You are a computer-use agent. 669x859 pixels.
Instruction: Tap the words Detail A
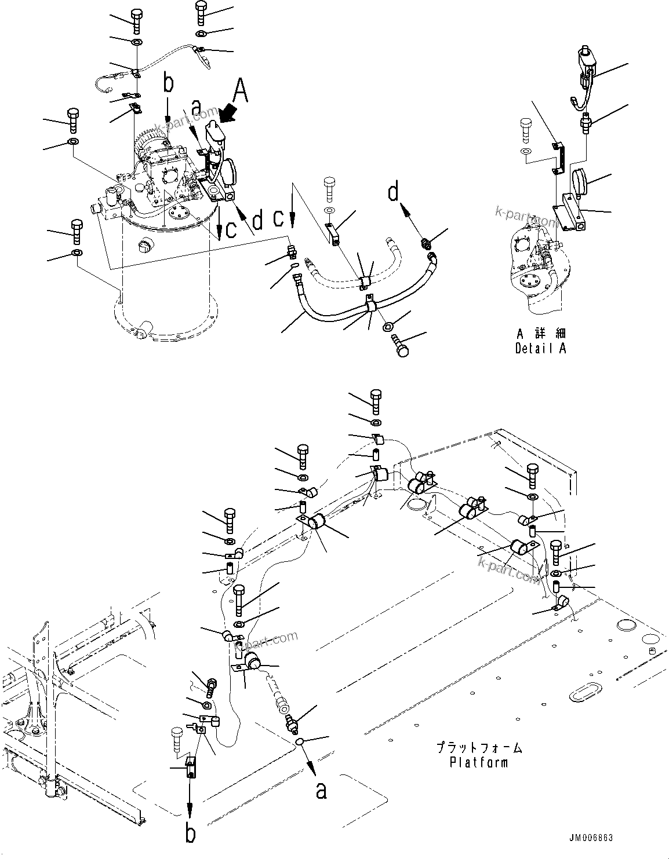540,349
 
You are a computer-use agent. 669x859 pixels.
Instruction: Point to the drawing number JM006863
590,839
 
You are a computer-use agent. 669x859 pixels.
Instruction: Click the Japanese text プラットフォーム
479,748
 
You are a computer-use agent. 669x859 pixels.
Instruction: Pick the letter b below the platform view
190,834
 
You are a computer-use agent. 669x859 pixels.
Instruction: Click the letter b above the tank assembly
168,85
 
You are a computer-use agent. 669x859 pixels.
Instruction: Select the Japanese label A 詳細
540,334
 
